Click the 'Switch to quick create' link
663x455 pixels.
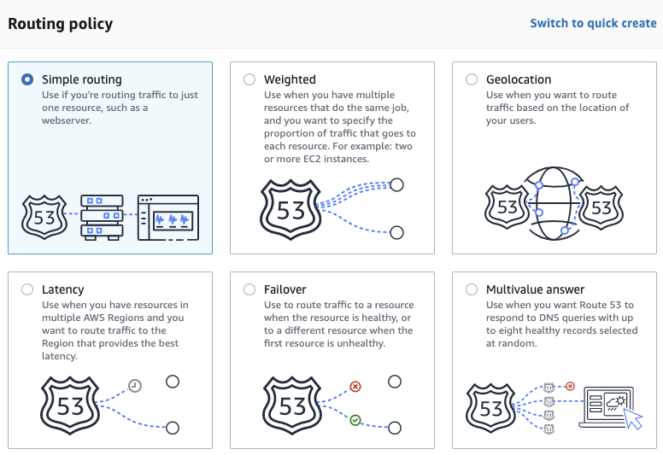(593, 23)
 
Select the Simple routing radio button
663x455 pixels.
(27, 79)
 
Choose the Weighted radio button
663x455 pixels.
(249, 79)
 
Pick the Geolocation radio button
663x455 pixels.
(472, 79)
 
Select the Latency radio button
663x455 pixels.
(27, 289)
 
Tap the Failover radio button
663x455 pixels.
(249, 289)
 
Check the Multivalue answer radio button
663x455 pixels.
(472, 289)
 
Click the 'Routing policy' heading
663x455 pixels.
(60, 23)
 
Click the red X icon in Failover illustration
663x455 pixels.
(355, 387)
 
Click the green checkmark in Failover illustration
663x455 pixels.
(355, 420)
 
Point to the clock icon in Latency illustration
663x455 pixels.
(135, 387)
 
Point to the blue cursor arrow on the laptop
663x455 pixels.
(631, 418)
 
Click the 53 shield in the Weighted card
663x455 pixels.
(291, 209)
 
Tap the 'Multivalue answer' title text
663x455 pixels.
(535, 289)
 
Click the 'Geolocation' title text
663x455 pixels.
(519, 79)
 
